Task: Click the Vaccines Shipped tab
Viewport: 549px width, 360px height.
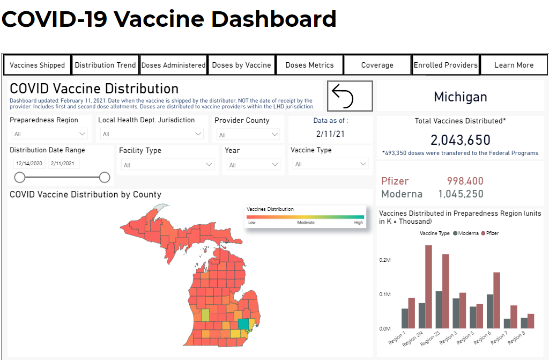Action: (x=38, y=65)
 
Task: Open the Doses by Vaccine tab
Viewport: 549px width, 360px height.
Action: (x=241, y=65)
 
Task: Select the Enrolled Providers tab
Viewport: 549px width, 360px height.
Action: (x=446, y=65)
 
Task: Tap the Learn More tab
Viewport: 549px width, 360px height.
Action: (x=514, y=65)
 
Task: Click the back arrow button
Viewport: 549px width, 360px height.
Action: (x=350, y=95)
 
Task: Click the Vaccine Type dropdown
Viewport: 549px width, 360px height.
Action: (x=329, y=164)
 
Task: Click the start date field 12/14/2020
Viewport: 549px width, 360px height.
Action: (x=29, y=163)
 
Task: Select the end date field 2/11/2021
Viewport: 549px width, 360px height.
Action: (x=63, y=163)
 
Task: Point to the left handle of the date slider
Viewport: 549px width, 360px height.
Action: (x=20, y=177)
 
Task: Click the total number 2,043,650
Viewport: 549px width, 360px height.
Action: (x=460, y=140)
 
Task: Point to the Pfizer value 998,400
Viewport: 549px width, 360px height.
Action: (x=465, y=181)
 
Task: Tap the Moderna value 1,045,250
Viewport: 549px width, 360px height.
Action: (x=461, y=194)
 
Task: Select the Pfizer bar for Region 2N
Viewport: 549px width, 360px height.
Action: (x=428, y=286)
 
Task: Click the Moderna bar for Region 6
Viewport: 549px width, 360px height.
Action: (x=490, y=311)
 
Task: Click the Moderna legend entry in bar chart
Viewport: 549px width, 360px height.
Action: (x=466, y=233)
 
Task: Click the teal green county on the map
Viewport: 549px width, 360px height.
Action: (x=244, y=324)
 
